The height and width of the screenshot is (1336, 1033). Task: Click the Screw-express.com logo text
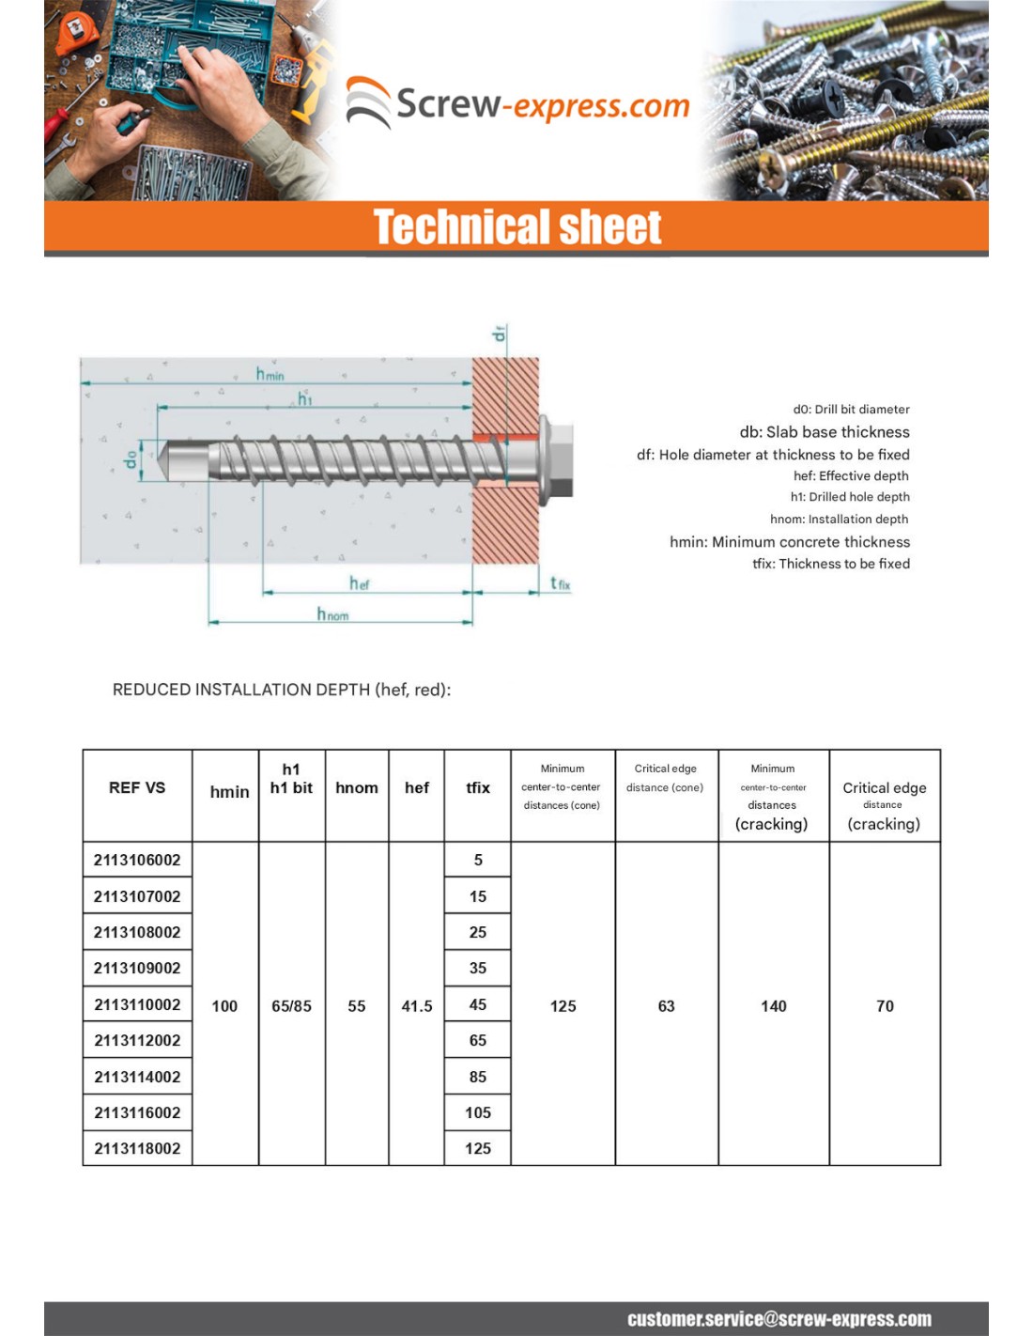coord(542,104)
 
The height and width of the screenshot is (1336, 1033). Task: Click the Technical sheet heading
coord(517,227)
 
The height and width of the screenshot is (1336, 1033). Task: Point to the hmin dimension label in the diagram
coord(270,374)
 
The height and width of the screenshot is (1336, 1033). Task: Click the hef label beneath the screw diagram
coord(359,583)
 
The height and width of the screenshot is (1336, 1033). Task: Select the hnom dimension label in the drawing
coord(332,614)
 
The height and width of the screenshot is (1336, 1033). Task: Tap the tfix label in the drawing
coord(560,583)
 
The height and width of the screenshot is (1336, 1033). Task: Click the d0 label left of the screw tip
coord(131,458)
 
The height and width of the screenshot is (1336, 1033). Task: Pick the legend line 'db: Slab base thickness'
coord(824,432)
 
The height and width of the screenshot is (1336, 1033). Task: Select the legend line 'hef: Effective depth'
coord(851,475)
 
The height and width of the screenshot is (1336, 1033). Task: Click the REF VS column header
coord(137,788)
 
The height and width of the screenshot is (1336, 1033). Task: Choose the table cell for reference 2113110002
coord(137,1004)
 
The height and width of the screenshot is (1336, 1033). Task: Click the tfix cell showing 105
coord(477,1112)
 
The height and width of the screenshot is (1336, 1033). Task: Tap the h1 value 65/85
coord(291,1006)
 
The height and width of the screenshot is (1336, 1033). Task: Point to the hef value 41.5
coord(417,1006)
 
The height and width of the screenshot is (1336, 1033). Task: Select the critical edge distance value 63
coord(666,1006)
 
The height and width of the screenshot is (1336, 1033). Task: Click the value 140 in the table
coord(773,1006)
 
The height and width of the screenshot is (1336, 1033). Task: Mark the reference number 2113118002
coord(137,1148)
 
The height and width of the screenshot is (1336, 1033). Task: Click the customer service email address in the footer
coord(779,1319)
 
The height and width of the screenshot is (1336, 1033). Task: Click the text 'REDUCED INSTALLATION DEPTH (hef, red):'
coord(282,690)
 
